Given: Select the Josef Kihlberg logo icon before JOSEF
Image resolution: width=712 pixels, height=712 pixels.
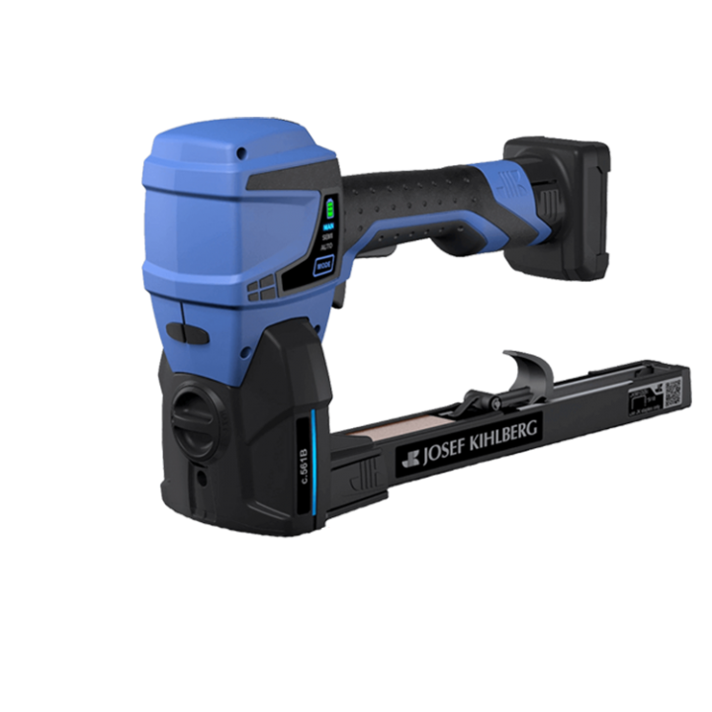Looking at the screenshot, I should tap(409, 460).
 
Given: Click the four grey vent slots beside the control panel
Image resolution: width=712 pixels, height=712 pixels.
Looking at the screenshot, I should tap(260, 288).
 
